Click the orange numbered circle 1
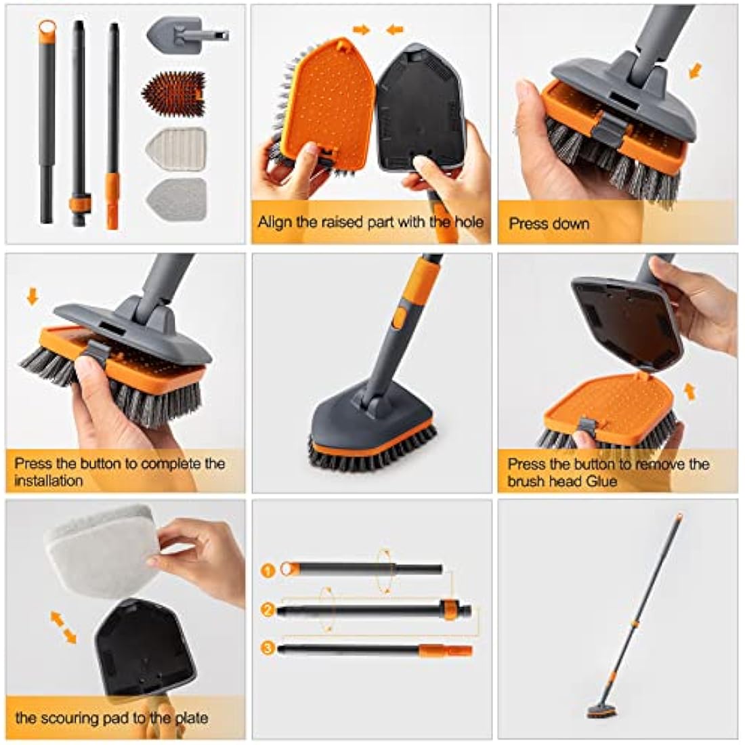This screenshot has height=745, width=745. click(268, 570)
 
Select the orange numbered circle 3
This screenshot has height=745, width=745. click(268, 649)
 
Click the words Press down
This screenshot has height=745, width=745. click(549, 223)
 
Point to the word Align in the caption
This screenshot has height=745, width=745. click(273, 221)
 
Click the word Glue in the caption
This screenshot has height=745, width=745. click(599, 481)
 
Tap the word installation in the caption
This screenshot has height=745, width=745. click(49, 480)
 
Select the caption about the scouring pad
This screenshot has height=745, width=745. click(112, 718)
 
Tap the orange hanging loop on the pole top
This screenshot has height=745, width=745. click(46, 28)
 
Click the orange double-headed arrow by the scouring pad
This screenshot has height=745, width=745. click(63, 626)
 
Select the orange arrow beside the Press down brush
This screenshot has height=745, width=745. click(694, 71)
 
